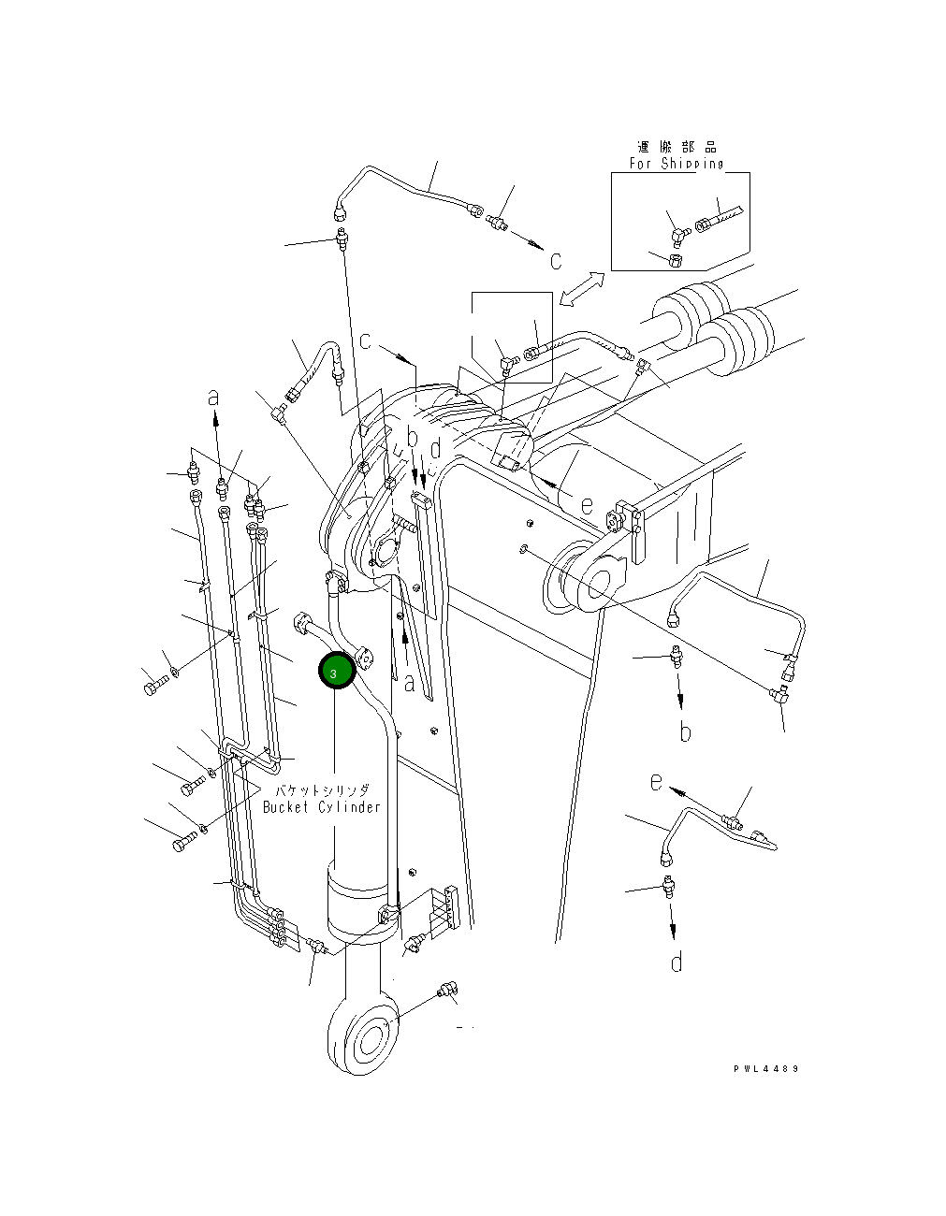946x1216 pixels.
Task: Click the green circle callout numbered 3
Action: (335, 671)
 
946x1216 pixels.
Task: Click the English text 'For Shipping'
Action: (676, 164)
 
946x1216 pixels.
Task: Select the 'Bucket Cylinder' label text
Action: (321, 806)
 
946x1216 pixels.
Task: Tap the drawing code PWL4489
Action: (766, 1069)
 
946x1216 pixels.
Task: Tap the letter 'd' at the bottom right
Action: (677, 961)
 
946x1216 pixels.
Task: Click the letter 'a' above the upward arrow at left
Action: (214, 397)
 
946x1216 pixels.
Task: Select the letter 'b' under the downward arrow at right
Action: (685, 732)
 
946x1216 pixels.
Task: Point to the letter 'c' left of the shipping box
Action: (555, 260)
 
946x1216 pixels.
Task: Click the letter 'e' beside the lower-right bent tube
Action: (657, 781)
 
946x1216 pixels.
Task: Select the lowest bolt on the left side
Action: (181, 845)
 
